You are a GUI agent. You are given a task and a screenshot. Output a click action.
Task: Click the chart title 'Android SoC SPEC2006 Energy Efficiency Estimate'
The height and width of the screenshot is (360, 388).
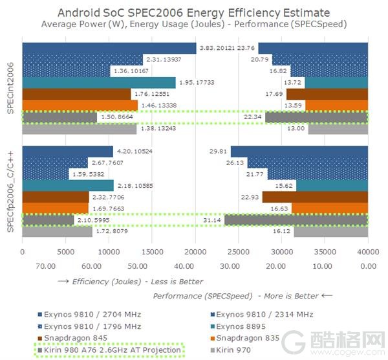pyautogui.click(x=193, y=13)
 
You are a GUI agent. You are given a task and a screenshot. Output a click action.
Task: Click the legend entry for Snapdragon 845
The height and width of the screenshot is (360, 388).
pyautogui.click(x=72, y=338)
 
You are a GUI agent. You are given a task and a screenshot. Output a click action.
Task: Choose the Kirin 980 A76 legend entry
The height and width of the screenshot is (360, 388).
pyautogui.click(x=110, y=350)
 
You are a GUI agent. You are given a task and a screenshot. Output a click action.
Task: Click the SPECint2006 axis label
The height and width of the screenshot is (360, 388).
pyautogui.click(x=12, y=89)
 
